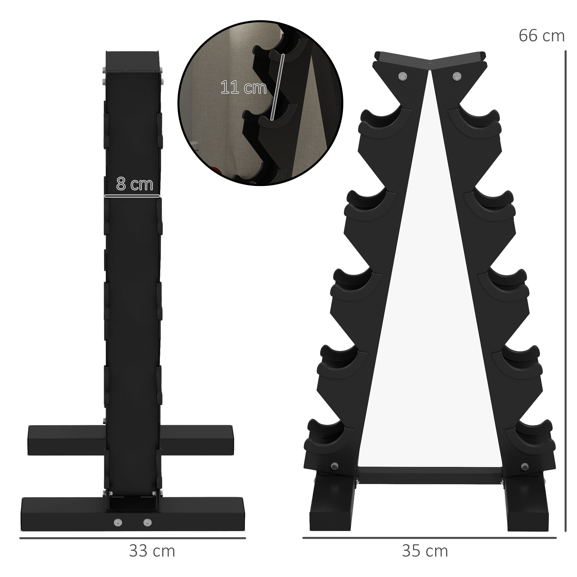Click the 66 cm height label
coord(541,36)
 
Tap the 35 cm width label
coord(425,551)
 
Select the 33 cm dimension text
coord(152,551)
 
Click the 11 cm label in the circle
coord(243,87)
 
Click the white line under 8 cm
coord(132,196)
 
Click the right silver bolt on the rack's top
coord(456,76)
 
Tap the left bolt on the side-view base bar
coord(118,522)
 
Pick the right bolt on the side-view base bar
coord(147,522)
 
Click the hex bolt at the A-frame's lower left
coord(334,466)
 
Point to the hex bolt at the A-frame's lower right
coord(524,466)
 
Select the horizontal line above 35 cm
coord(429,538)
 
